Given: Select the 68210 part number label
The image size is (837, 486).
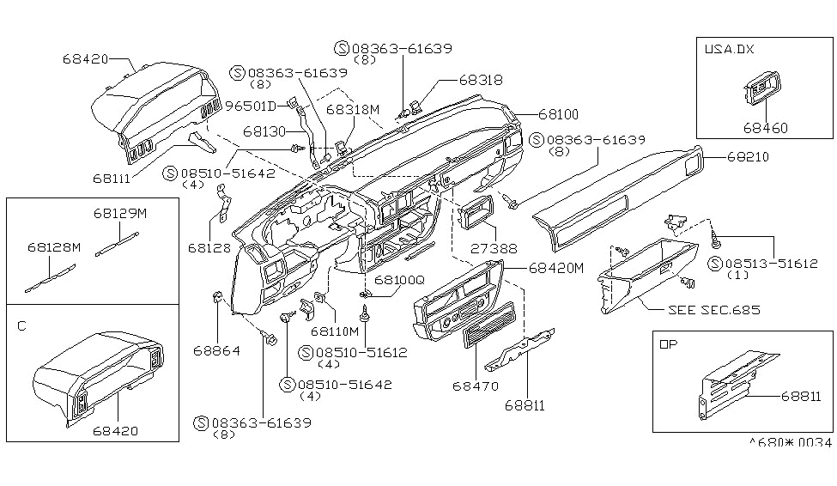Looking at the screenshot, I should click(748, 157).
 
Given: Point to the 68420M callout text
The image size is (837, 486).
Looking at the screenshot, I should click(555, 268).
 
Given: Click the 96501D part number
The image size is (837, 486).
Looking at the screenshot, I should click(250, 106).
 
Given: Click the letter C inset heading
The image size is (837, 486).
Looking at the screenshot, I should click(21, 326).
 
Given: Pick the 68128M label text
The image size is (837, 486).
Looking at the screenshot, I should click(53, 246).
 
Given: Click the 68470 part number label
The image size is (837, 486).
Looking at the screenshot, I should click(475, 386).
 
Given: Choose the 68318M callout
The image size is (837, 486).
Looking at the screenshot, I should click(352, 110).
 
